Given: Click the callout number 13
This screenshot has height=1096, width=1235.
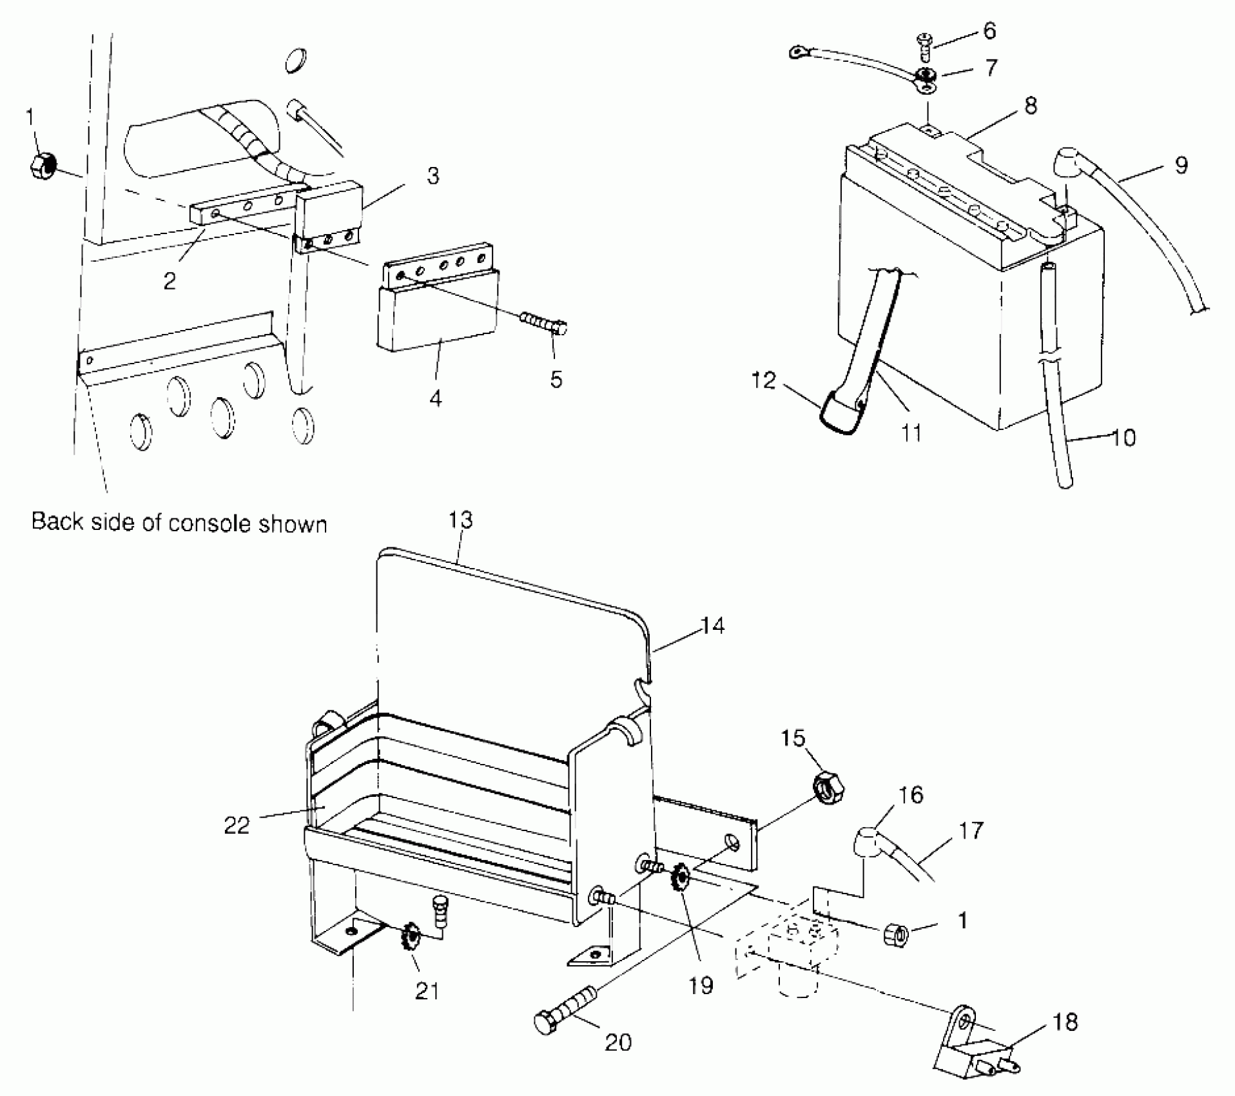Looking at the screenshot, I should pos(460,520).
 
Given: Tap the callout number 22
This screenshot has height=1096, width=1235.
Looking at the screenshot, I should pos(236,825).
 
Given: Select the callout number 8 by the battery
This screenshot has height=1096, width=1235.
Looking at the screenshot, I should pos(1031,106).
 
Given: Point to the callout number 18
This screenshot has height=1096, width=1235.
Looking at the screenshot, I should pos(1065,1022).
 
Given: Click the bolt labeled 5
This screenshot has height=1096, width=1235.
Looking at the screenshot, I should pos(545,322).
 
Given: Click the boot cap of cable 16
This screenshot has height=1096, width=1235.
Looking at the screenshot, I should pos(866,841).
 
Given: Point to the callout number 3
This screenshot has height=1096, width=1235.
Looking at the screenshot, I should pos(433,175).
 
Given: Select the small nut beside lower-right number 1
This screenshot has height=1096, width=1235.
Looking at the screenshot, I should pos(895,933).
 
